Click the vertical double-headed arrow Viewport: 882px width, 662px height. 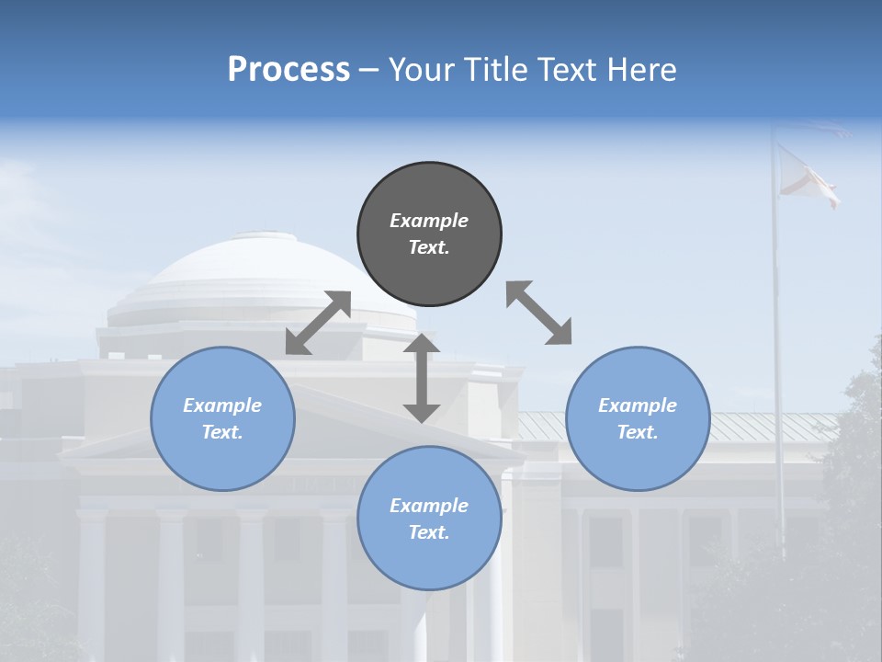point(422,378)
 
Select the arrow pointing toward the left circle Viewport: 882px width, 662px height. point(318,323)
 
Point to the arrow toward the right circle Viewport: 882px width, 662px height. point(538,313)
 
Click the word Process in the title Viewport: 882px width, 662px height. point(288,69)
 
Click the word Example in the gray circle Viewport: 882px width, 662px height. point(429,221)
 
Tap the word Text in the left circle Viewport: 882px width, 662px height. point(222,432)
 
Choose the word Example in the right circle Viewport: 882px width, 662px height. point(638,405)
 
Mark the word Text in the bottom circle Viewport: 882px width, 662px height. point(429,532)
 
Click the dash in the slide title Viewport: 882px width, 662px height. point(368,70)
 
